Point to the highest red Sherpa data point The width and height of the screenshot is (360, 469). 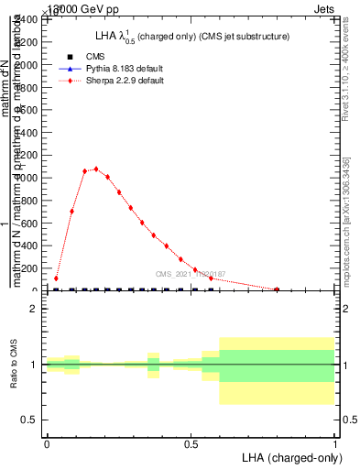(x=95, y=169)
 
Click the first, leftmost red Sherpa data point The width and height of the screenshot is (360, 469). (x=57, y=278)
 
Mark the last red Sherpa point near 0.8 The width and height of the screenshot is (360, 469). (x=277, y=289)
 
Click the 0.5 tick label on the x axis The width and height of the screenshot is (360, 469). (x=191, y=443)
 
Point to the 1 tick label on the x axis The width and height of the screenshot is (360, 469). (x=334, y=443)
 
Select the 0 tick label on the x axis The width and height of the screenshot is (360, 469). (x=47, y=443)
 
